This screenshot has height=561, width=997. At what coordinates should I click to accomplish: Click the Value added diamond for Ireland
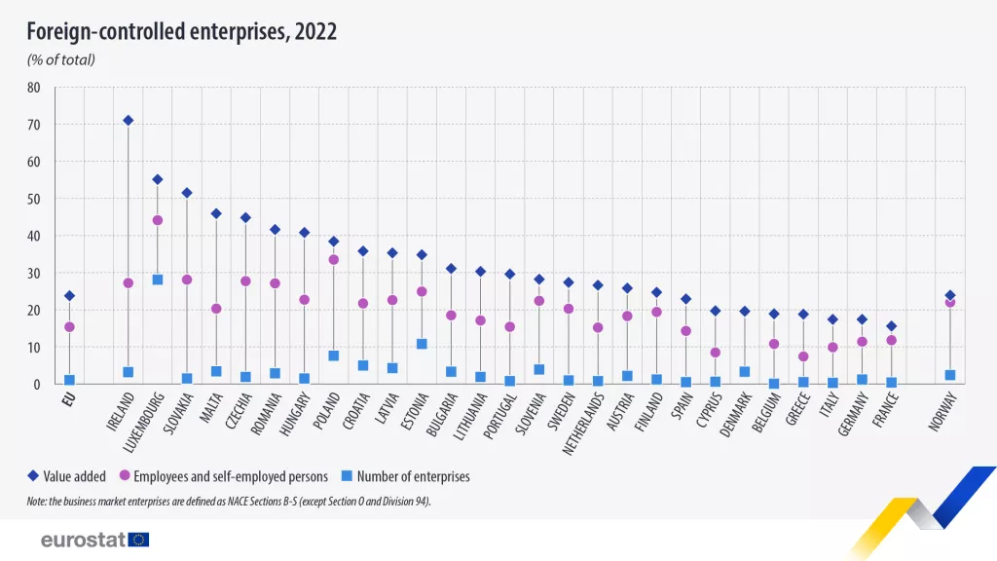(128, 121)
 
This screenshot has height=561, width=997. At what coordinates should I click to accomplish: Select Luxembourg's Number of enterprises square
(158, 280)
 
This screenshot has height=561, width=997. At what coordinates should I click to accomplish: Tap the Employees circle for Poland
(334, 260)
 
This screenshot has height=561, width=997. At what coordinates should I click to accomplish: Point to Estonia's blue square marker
(422, 344)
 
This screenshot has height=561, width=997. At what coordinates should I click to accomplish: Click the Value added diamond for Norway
(950, 295)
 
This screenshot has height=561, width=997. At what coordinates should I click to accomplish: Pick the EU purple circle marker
(69, 327)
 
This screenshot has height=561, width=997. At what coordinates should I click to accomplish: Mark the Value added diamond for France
(891, 326)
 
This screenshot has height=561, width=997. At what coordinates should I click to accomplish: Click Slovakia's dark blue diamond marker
(187, 193)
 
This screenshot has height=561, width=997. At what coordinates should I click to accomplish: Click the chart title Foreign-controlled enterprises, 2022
(181, 31)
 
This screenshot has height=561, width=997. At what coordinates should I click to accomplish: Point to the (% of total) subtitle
(60, 60)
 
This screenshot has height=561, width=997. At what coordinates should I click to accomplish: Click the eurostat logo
(94, 540)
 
